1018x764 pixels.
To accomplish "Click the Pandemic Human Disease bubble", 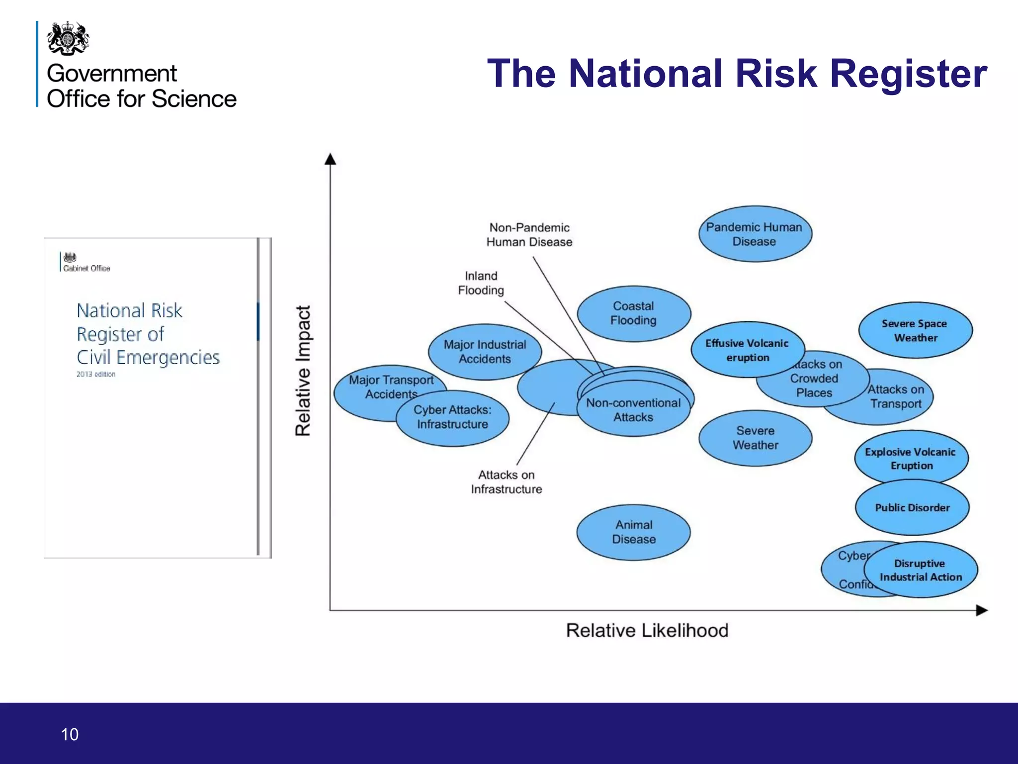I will [755, 234].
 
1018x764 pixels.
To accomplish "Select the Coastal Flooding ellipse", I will [634, 313].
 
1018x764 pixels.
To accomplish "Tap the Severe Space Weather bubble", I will [915, 330].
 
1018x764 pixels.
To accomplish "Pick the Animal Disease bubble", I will [634, 532].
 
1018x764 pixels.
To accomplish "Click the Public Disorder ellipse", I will [912, 507].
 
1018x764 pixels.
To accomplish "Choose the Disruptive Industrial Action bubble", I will [921, 570].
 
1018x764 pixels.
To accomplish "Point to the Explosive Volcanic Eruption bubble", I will [911, 459].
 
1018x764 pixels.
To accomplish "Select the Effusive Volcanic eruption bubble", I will [747, 350].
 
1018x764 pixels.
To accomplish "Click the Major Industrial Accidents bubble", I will [485, 352].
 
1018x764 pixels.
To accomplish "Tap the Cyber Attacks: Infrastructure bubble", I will [452, 417].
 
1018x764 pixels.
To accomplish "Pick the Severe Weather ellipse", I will [755, 438].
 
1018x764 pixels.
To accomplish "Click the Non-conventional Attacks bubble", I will [633, 410].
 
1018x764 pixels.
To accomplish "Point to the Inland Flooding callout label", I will [481, 283].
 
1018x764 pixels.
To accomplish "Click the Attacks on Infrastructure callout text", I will [506, 482].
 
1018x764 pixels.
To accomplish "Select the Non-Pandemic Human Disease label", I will [529, 235].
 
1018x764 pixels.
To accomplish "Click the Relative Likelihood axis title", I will [647, 631].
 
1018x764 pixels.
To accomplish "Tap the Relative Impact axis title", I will [303, 371].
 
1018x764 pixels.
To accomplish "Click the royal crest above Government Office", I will [68, 38].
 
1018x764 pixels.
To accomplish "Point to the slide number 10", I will [70, 734].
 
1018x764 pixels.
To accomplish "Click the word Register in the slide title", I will [908, 74].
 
